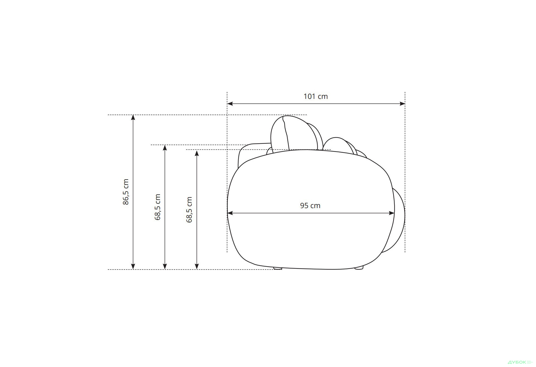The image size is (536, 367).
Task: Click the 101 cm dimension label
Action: tap(315, 96)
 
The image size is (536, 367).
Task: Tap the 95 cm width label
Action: tap(310, 206)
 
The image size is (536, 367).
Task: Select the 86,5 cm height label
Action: tap(126, 192)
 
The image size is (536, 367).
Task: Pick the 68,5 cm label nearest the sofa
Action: tap(189, 209)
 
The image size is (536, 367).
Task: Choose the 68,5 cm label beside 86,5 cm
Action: tap(158, 207)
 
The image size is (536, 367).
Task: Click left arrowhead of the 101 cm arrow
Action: tap(230, 104)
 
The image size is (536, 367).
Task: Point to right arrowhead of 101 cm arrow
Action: tap(402, 104)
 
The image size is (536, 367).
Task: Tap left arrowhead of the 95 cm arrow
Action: tap(230, 213)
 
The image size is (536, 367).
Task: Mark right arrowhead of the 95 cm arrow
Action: tap(392, 213)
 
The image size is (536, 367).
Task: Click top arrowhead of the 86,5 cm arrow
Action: tap(133, 118)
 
